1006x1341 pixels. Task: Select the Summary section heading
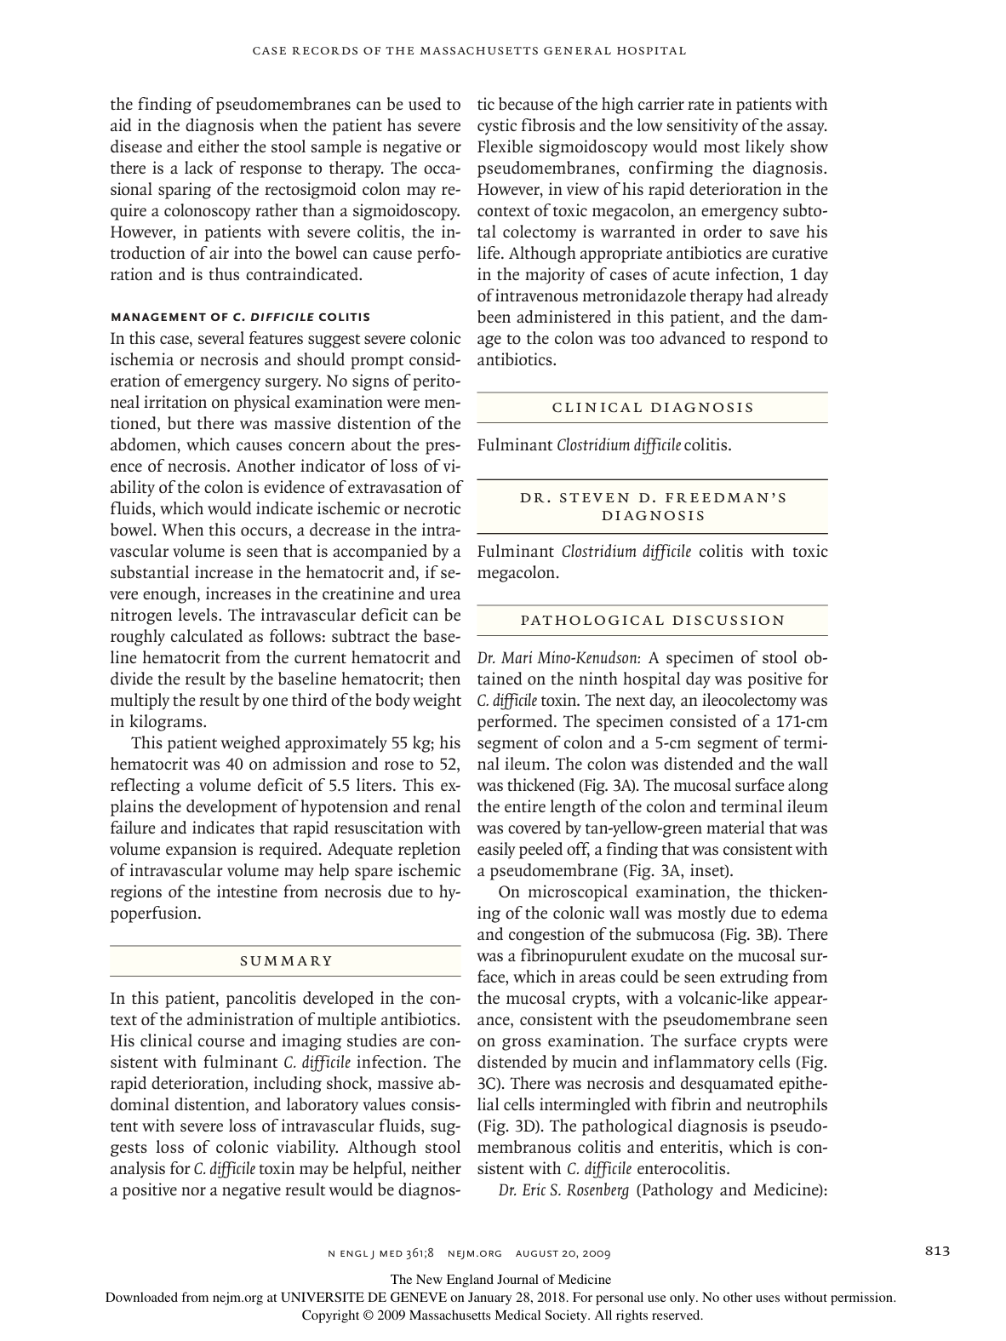(286, 960)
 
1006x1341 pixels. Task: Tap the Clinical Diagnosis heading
(653, 407)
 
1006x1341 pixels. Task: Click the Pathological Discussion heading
(653, 620)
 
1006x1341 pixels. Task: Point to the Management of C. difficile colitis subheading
(240, 317)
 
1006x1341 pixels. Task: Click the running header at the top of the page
(469, 50)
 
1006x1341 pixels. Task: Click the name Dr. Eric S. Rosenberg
(563, 1189)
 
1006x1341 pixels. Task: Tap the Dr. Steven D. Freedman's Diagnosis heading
(653, 506)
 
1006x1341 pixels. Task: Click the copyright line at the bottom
(503, 1315)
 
